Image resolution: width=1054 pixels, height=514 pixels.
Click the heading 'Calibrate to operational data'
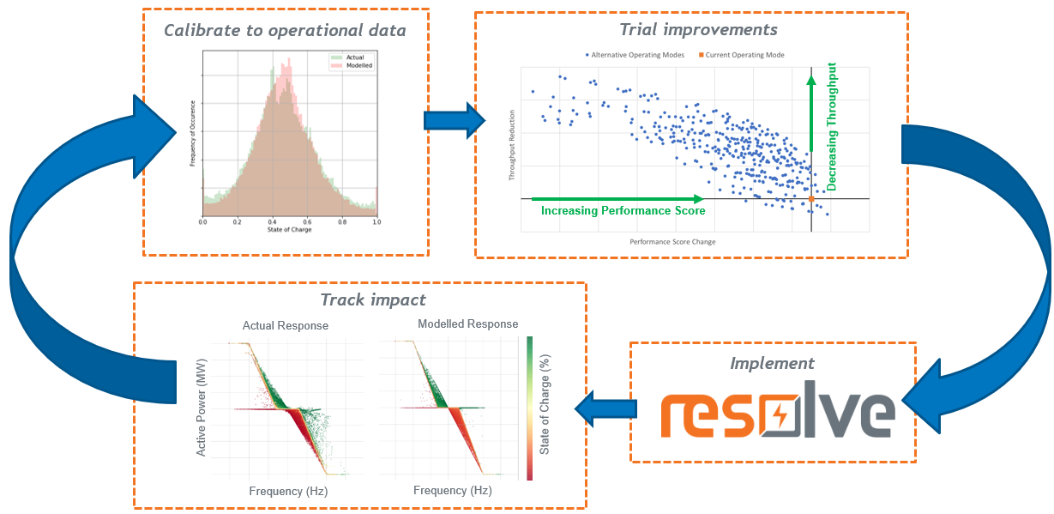point(285,31)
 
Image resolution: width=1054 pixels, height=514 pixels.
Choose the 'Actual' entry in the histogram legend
point(354,57)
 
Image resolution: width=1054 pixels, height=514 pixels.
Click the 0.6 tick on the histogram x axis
point(308,221)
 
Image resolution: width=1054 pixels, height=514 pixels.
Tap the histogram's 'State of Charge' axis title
point(290,230)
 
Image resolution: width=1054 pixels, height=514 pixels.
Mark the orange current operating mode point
point(811,199)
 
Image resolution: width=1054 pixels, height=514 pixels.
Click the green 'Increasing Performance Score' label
point(623,210)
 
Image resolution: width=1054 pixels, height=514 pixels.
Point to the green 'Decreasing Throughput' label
point(831,126)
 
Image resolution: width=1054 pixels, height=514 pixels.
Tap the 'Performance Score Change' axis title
point(672,242)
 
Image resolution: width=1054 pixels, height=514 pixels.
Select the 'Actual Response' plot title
point(286,326)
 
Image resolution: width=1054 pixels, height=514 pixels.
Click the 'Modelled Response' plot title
point(467,324)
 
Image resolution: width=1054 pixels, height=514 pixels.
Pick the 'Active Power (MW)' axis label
point(202,407)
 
